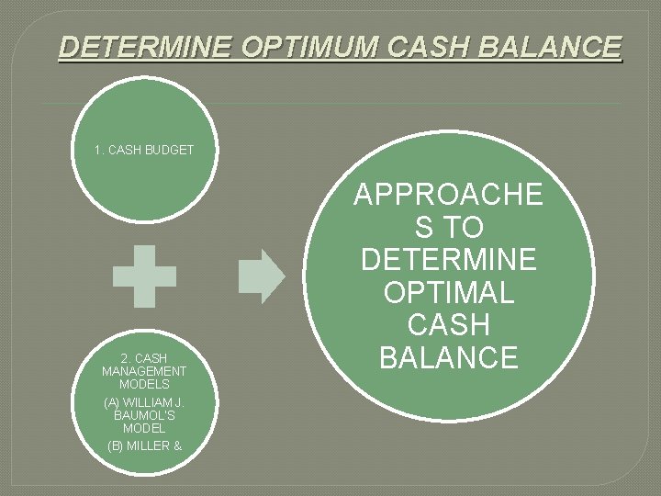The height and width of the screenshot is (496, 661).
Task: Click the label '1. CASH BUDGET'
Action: pos(144,149)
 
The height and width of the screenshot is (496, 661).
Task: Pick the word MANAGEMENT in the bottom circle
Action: pos(144,371)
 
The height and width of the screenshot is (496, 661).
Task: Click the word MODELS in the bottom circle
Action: pos(144,384)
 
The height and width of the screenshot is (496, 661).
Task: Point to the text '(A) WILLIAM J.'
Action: pos(145,401)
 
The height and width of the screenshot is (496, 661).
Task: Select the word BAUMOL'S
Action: pos(144,415)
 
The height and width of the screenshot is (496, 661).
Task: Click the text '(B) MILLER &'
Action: pos(144,445)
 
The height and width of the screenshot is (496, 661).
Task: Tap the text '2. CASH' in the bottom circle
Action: pos(144,357)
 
